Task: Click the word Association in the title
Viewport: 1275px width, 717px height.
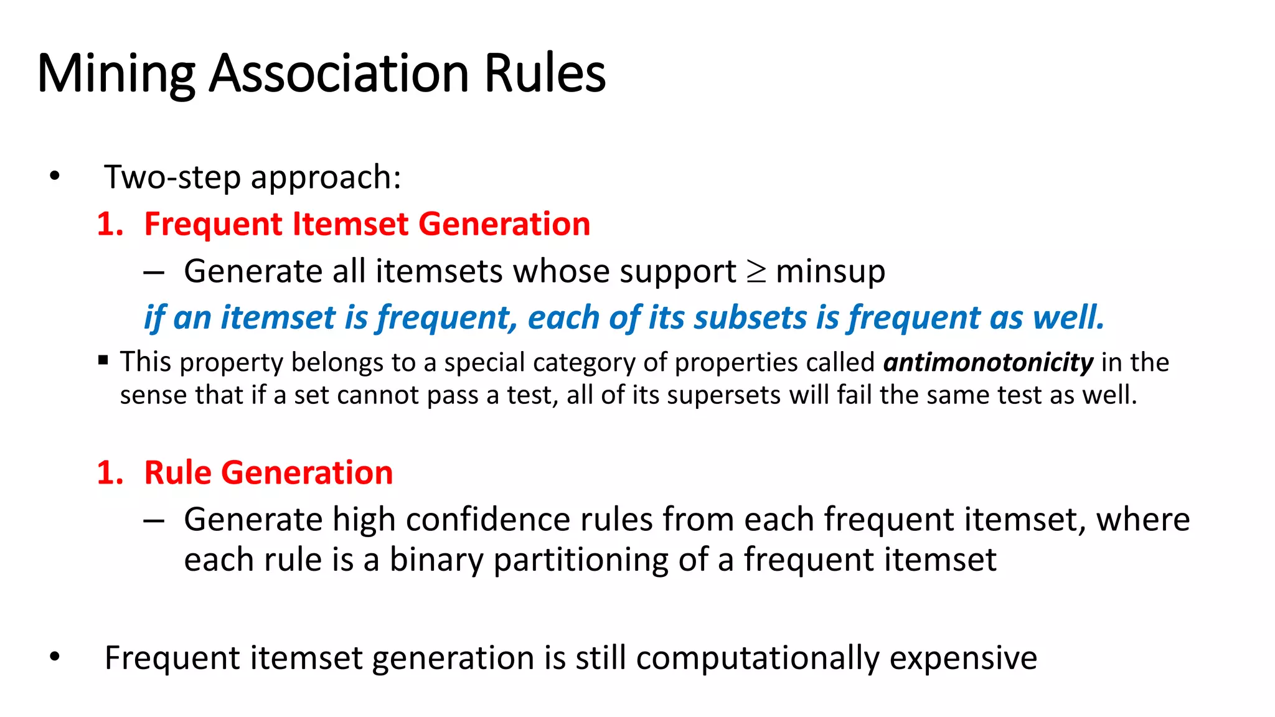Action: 339,73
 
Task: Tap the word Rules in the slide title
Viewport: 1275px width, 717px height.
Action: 544,73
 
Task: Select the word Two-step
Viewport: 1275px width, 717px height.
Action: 172,177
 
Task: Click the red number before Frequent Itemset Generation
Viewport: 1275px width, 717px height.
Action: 110,224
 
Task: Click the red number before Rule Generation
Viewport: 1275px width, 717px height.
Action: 110,473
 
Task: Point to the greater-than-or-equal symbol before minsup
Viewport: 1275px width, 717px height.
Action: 756,272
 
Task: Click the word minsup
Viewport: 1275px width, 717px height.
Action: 830,272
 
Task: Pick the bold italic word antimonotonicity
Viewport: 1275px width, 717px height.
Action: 988,362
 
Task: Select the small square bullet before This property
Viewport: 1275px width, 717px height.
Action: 103,360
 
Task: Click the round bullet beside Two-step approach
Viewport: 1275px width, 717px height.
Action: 55,177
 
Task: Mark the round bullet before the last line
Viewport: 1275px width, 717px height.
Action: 55,657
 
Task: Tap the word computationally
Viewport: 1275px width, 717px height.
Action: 758,658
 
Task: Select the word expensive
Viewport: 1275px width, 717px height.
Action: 963,658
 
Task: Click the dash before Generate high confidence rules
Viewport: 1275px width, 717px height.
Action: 153,520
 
